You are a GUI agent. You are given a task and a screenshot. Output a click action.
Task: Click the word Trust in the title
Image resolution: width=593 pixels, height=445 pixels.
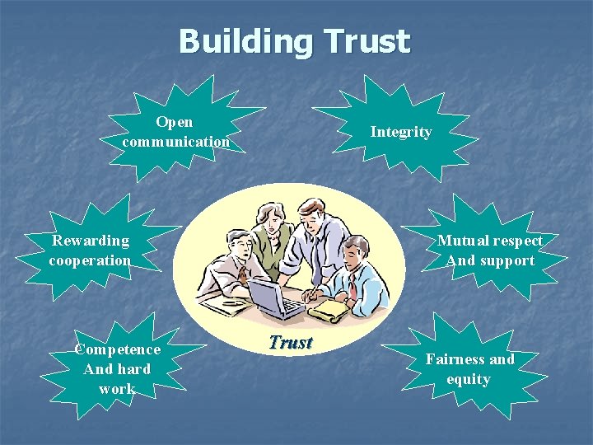[367, 41]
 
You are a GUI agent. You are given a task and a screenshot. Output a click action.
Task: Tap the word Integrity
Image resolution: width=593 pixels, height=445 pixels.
[401, 132]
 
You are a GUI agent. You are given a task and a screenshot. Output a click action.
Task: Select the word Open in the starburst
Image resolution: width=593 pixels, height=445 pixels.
[175, 122]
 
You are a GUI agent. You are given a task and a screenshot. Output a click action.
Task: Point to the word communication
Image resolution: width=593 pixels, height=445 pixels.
[175, 142]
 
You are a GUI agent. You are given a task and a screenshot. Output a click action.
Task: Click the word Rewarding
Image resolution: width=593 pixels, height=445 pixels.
[91, 241]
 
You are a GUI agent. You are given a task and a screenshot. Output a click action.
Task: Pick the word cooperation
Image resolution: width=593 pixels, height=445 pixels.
[90, 260]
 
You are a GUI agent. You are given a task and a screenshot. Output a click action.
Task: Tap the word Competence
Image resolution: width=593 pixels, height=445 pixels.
[118, 349]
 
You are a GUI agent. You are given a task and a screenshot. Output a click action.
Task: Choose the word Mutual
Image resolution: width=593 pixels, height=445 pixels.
[462, 241]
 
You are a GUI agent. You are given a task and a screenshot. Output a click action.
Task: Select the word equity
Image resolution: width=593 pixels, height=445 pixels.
[469, 379]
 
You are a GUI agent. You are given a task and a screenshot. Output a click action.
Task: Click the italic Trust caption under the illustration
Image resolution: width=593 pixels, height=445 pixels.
[291, 343]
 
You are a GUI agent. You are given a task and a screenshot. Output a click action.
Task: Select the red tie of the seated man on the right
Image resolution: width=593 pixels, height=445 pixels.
[353, 285]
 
